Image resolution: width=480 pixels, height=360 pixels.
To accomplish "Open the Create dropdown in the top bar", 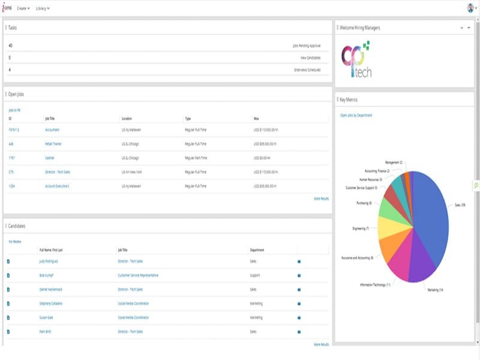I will [x=23, y=8].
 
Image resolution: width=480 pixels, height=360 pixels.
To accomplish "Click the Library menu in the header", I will [x=43, y=8].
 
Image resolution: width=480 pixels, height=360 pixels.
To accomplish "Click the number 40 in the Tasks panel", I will [x=10, y=45].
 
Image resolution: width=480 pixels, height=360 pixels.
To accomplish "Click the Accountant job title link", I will [x=52, y=130].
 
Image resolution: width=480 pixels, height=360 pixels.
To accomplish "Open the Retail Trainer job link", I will [x=53, y=144].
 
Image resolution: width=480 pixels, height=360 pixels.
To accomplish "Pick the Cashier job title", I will [x=50, y=158].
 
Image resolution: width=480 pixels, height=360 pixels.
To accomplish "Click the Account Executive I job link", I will [x=58, y=186].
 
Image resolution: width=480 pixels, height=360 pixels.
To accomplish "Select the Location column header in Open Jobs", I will [x=127, y=119].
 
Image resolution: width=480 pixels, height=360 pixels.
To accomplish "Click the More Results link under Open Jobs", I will [x=321, y=198].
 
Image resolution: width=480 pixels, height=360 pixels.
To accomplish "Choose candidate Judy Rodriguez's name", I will [x=49, y=262].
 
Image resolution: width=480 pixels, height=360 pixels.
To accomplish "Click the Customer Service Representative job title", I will [x=138, y=275].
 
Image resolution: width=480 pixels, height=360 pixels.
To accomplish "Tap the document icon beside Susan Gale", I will [x=8, y=317].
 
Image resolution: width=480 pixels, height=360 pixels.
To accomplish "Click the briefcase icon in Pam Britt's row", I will [x=299, y=331].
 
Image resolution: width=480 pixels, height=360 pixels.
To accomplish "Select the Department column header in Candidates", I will [x=257, y=250].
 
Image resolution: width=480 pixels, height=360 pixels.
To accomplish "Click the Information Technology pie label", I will [x=375, y=284].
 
